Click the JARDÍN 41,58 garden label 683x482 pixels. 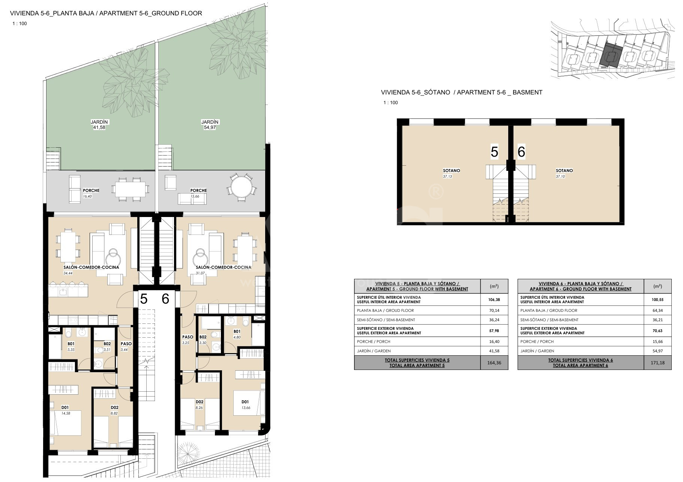coord(99,125)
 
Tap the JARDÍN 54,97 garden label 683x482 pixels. coord(210,125)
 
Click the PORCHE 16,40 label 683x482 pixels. coord(91,193)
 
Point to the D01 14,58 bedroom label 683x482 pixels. coord(65,410)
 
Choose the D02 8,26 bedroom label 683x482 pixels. coord(200,404)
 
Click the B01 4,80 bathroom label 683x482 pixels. coord(237,334)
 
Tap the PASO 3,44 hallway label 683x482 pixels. coord(126,346)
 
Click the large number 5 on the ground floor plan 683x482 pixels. coord(144,299)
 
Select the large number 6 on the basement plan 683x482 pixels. coord(521,152)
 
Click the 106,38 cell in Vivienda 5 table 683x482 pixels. coord(494,300)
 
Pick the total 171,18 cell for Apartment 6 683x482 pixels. coord(657,363)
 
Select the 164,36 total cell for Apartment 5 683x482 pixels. coord(494,363)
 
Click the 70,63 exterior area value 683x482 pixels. coord(657,331)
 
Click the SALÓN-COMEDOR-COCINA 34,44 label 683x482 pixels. coord(91,270)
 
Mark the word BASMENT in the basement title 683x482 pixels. coord(527,92)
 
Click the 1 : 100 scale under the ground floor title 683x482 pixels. coord(20,24)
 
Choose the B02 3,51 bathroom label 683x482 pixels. coord(107,346)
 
